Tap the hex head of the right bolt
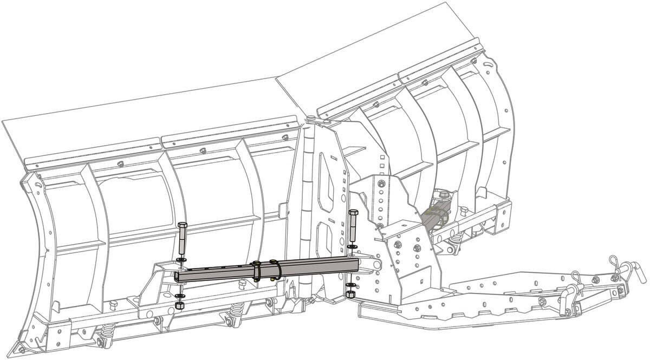(353, 212)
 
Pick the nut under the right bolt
(350, 294)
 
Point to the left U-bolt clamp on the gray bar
(257, 270)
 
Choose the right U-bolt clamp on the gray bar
(275, 269)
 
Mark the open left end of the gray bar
(177, 277)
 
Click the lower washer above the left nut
(180, 297)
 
